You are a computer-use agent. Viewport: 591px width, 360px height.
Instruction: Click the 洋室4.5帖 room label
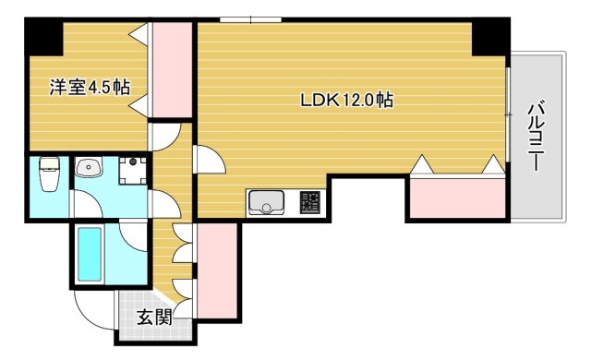(x=89, y=88)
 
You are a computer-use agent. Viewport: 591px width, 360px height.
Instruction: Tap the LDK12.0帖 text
(x=346, y=100)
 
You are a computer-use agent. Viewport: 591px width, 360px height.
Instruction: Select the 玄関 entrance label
(x=154, y=318)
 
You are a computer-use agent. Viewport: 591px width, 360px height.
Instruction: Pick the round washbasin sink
(x=90, y=169)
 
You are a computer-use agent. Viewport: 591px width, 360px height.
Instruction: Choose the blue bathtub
(x=90, y=255)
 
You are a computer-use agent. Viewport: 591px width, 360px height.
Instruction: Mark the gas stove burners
(x=308, y=201)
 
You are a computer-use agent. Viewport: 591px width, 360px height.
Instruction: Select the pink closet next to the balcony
(x=457, y=198)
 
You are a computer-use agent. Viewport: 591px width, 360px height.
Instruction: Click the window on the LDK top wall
(x=250, y=18)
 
